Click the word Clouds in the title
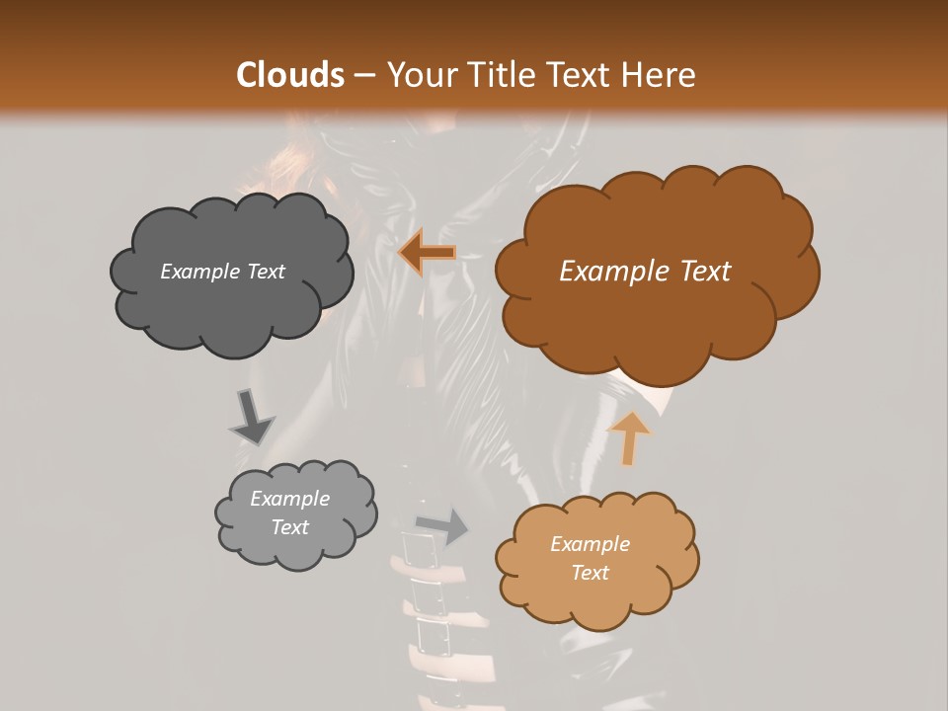click(x=290, y=75)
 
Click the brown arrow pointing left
click(x=428, y=254)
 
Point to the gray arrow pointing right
click(x=442, y=525)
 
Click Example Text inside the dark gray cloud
click(x=222, y=272)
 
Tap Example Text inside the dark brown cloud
click(x=645, y=272)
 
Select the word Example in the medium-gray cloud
click(x=289, y=499)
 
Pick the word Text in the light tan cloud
click(x=590, y=573)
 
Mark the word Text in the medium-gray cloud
click(x=289, y=527)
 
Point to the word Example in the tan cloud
click(x=590, y=544)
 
